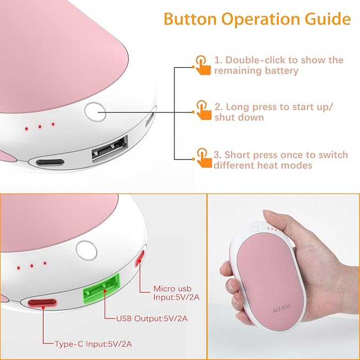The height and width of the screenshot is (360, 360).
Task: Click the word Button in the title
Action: coord(190,19)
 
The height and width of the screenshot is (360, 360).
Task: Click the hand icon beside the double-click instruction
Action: coord(203,65)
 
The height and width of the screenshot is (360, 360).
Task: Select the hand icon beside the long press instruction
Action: coord(204,110)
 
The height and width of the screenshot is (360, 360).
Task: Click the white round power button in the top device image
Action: coord(95,112)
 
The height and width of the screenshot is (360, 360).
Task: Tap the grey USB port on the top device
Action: coord(110,149)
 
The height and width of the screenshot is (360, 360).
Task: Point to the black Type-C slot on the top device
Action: coord(50,162)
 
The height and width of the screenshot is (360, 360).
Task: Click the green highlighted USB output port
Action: coord(101,288)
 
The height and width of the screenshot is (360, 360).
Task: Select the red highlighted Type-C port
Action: coord(42,302)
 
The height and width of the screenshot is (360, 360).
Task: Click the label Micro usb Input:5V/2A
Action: coord(177,293)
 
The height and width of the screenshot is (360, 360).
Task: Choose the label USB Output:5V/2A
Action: coord(152,319)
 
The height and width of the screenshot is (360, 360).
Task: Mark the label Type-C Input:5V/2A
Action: coord(93,344)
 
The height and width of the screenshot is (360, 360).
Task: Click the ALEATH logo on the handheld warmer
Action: coord(281,308)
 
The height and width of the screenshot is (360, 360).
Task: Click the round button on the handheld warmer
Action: coord(254,229)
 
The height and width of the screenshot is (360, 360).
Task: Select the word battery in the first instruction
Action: coord(281,71)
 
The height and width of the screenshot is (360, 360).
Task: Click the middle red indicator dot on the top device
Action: coord(40,127)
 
